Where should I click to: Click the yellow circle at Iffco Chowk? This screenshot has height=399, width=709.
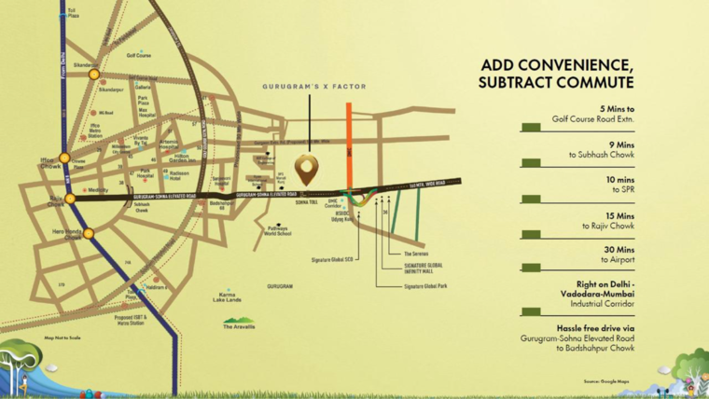[x=64, y=158]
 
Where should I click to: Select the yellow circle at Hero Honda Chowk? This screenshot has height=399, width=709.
[x=88, y=233]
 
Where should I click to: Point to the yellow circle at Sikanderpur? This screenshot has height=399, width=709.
[x=94, y=75]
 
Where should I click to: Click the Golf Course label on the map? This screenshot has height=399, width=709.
[x=139, y=55]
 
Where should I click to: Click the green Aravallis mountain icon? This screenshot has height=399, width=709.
[x=238, y=320]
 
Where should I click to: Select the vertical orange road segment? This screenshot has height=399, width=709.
[x=348, y=140]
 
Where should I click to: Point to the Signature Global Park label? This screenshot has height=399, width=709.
[x=425, y=285]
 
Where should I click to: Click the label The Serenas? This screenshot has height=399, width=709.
[x=416, y=254]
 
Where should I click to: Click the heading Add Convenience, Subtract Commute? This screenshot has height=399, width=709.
[x=556, y=74]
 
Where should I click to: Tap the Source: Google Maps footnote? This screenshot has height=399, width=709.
[x=606, y=381]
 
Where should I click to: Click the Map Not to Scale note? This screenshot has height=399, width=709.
[x=63, y=337]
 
